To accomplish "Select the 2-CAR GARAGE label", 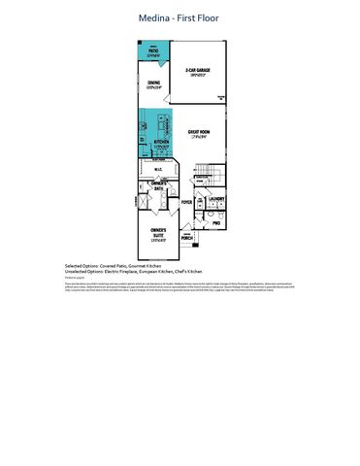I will coord(199,70).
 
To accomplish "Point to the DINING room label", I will coord(153,84).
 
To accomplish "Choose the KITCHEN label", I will coord(161,142).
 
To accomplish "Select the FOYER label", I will coord(186,203).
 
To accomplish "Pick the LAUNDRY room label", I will coord(216,200).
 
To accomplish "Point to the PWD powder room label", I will coord(216,223).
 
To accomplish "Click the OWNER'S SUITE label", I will coord(158,233).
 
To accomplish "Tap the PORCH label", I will coord(186,237).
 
